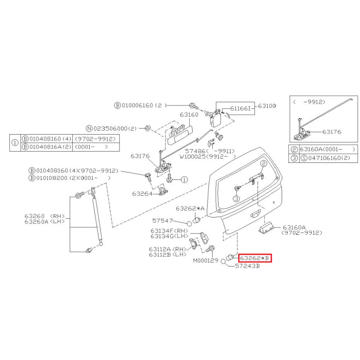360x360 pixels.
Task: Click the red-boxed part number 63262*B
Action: coord(254,258)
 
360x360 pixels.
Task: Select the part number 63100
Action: coord(267,106)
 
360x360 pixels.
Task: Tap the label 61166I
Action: coord(241,108)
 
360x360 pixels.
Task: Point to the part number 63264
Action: coord(142,194)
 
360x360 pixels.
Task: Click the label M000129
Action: coord(206,260)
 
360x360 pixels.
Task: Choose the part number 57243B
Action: coord(247,266)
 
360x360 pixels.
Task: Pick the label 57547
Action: coord(162,221)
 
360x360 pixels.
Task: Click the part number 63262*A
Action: coord(190,208)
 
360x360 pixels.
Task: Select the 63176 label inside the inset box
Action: coord(332,132)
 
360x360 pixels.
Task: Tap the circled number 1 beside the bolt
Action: coord(184,179)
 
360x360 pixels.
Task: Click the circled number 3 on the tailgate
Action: coord(237,199)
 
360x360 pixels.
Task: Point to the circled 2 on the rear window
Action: coord(264,164)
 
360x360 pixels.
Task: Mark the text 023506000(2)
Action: coord(115,128)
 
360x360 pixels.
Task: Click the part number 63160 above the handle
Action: coord(189,114)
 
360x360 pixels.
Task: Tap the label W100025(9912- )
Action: coord(208,157)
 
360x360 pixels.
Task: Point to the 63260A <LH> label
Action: coord(44,222)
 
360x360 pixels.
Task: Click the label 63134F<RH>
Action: coord(169,231)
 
